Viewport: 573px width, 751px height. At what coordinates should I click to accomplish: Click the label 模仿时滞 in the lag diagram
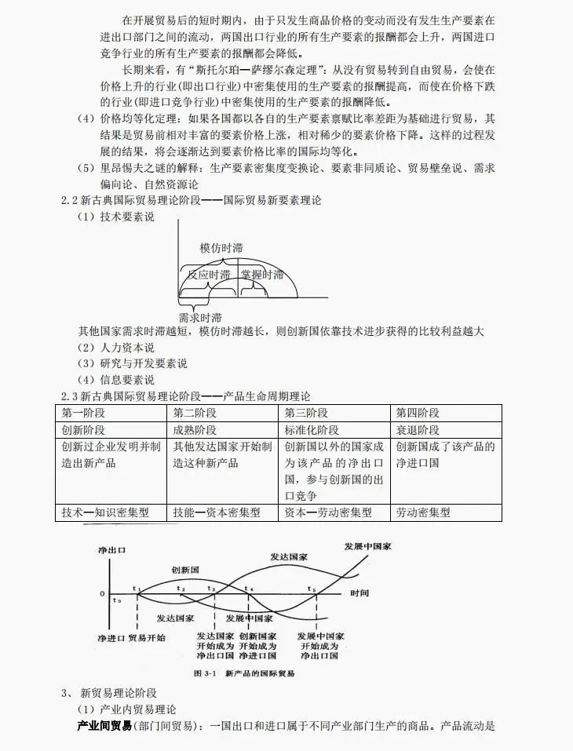(x=221, y=248)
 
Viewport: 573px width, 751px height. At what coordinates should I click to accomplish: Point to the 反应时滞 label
(x=210, y=275)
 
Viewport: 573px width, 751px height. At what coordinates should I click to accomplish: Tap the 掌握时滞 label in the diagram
(x=261, y=275)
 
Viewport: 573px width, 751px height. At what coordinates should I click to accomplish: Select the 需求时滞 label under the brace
(x=199, y=318)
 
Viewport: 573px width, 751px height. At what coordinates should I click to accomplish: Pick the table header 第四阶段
(x=418, y=414)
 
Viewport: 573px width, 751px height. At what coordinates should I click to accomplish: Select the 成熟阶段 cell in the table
(x=195, y=430)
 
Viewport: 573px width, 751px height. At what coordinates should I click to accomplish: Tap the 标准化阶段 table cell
(x=312, y=430)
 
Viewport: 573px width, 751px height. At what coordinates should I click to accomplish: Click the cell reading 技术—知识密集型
(x=104, y=512)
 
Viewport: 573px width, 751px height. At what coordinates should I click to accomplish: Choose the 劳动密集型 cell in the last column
(x=423, y=512)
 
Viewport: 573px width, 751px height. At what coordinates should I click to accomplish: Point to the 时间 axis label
(x=359, y=592)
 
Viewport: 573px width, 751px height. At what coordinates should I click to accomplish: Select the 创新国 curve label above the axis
(x=184, y=568)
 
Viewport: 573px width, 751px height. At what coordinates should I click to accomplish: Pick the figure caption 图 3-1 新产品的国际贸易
(x=243, y=673)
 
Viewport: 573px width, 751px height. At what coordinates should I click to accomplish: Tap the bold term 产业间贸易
(x=104, y=726)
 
